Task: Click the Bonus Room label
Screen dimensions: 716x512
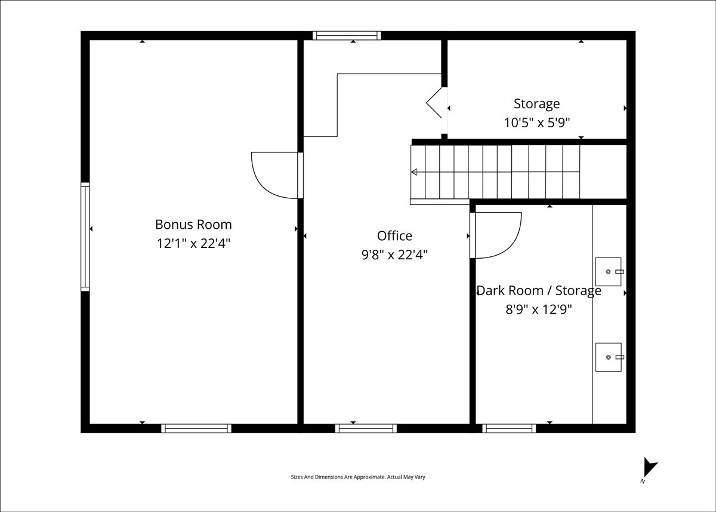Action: pyautogui.click(x=193, y=225)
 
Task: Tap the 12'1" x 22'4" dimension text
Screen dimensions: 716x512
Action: pyautogui.click(x=193, y=244)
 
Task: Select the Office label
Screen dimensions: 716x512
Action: pyautogui.click(x=394, y=236)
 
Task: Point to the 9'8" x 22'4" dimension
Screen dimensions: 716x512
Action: pyautogui.click(x=394, y=255)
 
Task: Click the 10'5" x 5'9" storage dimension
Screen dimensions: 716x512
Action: pyautogui.click(x=537, y=122)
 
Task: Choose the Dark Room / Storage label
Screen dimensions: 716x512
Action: pyautogui.click(x=539, y=290)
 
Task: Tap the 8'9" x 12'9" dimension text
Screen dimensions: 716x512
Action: pyautogui.click(x=539, y=309)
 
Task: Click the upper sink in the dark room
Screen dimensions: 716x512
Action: pyautogui.click(x=609, y=272)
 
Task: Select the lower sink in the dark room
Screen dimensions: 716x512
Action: pyautogui.click(x=609, y=357)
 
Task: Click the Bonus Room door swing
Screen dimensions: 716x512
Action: pyautogui.click(x=266, y=189)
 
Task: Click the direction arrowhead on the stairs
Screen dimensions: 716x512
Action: pyautogui.click(x=414, y=172)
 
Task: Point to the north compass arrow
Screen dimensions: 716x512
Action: pyautogui.click(x=650, y=467)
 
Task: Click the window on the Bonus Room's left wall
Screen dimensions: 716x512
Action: pyautogui.click(x=85, y=237)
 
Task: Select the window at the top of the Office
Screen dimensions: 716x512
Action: pyautogui.click(x=347, y=35)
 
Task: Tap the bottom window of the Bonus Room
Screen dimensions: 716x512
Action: pyautogui.click(x=196, y=428)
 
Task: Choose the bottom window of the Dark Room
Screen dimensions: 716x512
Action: pyautogui.click(x=509, y=428)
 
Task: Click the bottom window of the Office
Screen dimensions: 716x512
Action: pyautogui.click(x=366, y=428)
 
